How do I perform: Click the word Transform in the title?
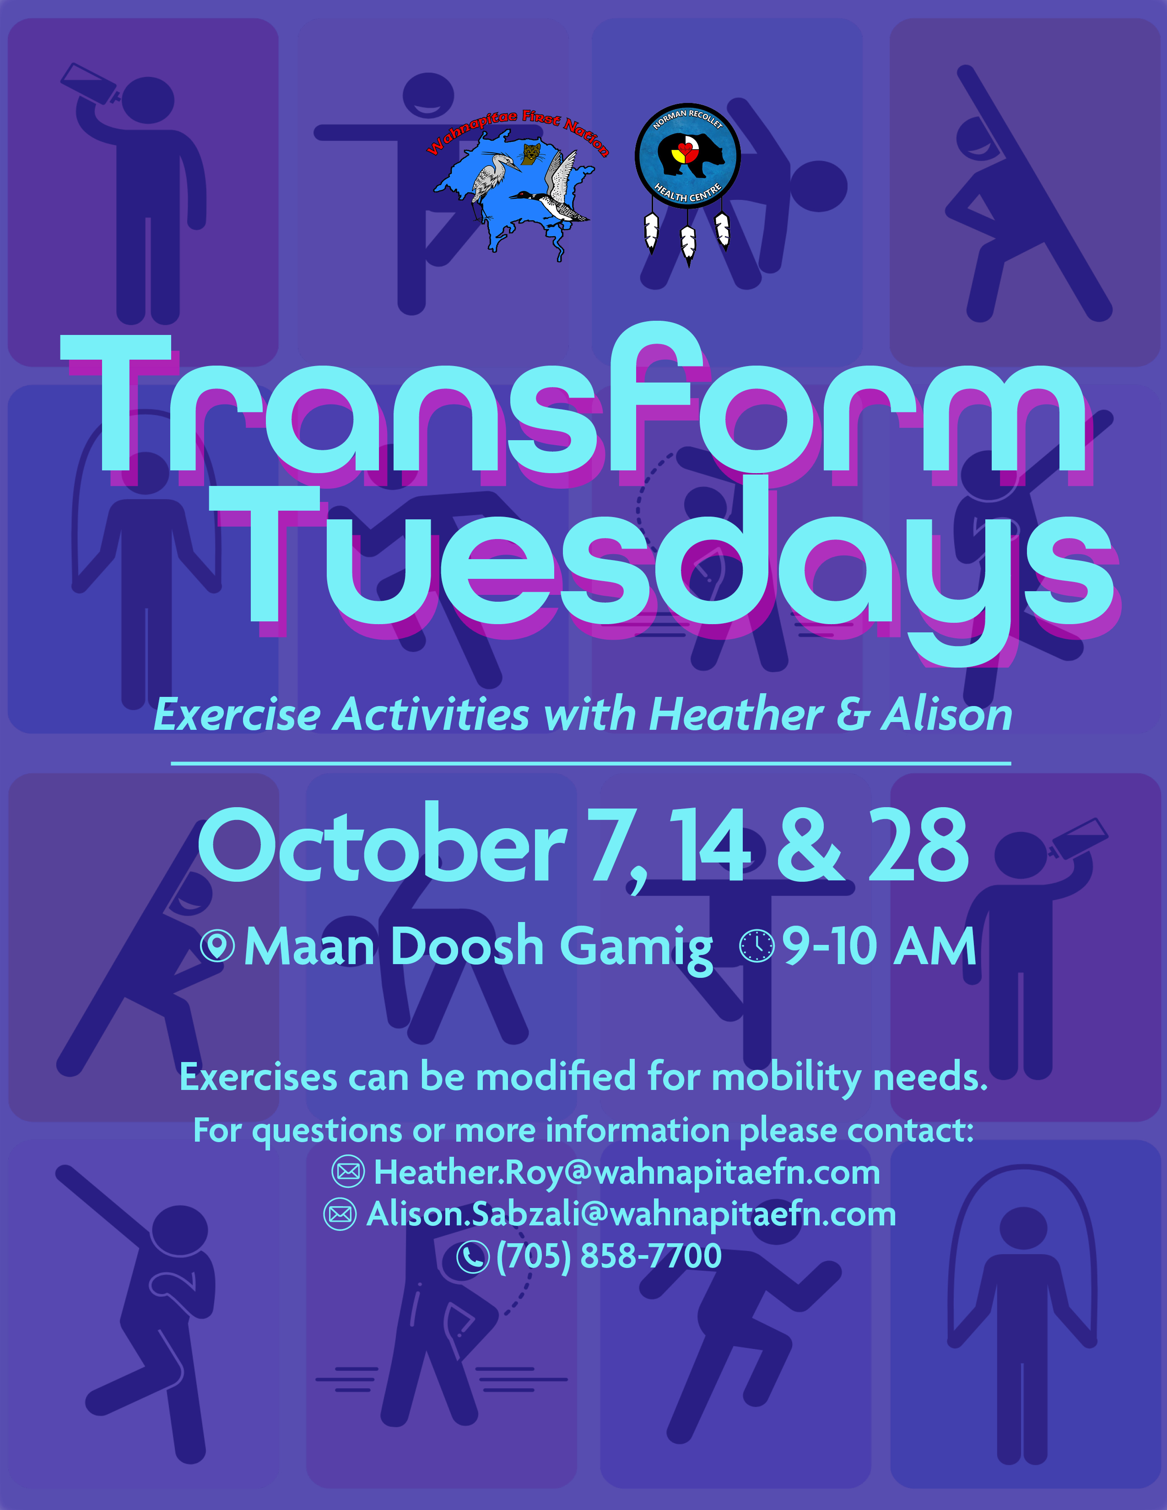(574, 408)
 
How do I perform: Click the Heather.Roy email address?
(627, 1172)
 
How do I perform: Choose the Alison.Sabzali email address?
(631, 1213)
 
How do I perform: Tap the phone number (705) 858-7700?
(608, 1255)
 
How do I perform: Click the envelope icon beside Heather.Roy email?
(348, 1171)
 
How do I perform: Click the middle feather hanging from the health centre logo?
(688, 243)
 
